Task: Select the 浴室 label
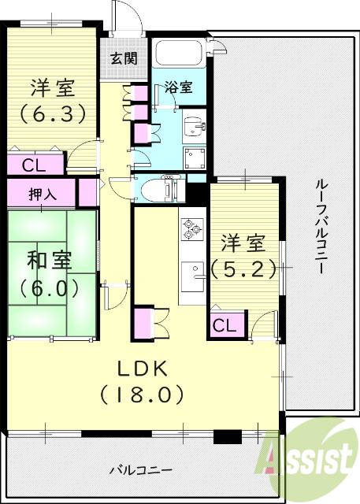tap(178, 88)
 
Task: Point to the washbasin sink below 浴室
tap(193, 127)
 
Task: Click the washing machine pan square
tap(194, 157)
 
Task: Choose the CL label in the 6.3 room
tap(32, 165)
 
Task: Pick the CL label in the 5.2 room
tap(224, 324)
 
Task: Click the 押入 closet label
tap(41, 193)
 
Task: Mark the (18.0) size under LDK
tap(142, 392)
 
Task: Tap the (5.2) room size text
tap(245, 269)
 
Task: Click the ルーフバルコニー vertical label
tap(321, 225)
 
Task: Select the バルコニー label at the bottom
tap(140, 470)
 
